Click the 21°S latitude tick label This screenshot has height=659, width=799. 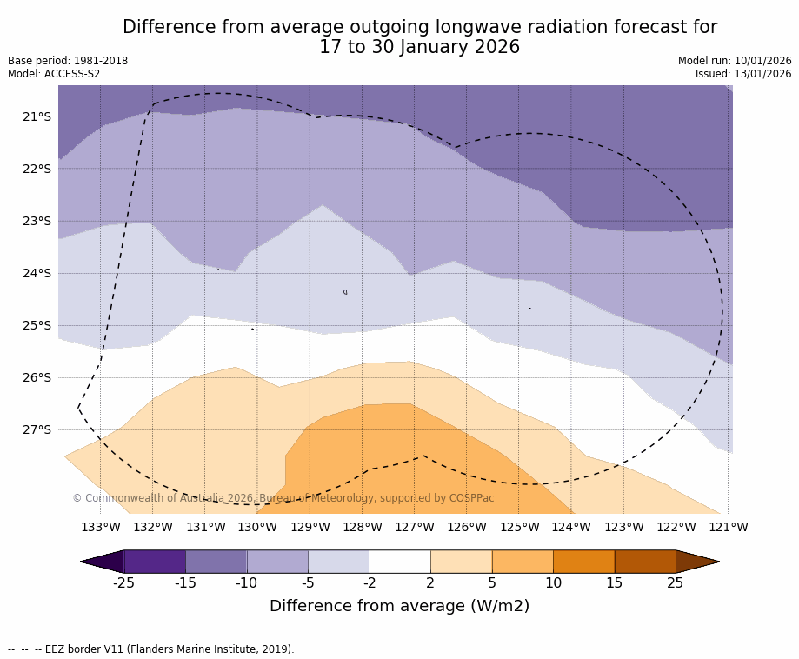click(37, 116)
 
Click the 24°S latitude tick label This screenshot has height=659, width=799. click(37, 273)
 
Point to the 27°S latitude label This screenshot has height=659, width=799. click(37, 429)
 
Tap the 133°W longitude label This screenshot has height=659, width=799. click(101, 527)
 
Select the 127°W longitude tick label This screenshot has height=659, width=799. click(415, 527)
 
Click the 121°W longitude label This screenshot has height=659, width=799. click(729, 527)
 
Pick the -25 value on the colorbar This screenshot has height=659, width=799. click(124, 582)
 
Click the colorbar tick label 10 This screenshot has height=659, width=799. click(553, 582)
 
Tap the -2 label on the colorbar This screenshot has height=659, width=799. click(370, 582)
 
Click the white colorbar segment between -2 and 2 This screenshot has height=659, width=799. click(400, 562)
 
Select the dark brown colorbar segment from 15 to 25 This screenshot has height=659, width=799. click(645, 562)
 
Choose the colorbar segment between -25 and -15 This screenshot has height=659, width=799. click(155, 562)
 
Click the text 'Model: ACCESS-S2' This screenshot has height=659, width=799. click(54, 74)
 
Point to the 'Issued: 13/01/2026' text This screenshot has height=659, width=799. click(743, 74)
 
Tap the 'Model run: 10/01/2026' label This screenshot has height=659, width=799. click(735, 61)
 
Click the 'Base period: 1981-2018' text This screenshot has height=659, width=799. click(68, 61)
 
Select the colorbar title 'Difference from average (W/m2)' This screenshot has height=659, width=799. click(399, 606)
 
